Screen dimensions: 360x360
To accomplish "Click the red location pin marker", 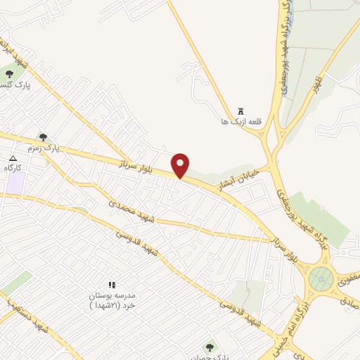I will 181,165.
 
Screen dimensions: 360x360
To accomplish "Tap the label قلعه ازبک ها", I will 235,121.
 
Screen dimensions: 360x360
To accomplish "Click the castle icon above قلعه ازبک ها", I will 241,110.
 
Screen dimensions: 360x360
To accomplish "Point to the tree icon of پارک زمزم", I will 43,137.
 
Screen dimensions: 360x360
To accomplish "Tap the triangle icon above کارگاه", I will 13,157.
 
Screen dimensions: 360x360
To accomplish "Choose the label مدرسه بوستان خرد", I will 111,300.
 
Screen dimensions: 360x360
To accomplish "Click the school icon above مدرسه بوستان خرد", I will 111,285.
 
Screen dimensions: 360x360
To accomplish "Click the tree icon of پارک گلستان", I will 8,73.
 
